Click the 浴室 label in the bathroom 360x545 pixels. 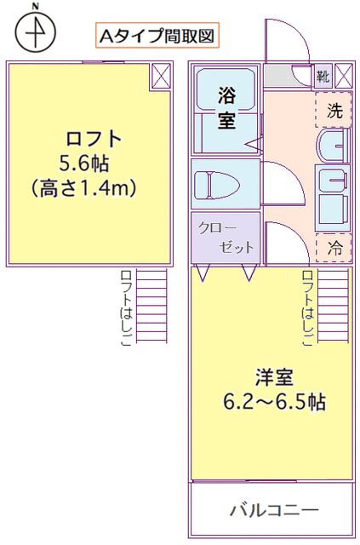pos(226,107)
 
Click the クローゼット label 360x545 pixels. pos(226,238)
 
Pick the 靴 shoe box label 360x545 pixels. pos(323,76)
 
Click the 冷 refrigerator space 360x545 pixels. pos(334,248)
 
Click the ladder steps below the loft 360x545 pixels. pos(153,307)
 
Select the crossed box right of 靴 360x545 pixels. pos(343,76)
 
